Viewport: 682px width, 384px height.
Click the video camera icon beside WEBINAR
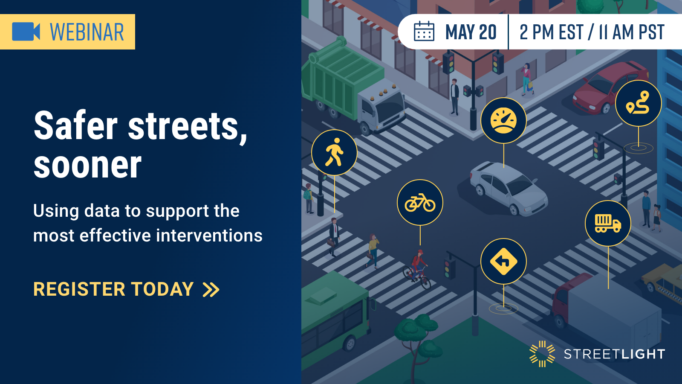[26, 32]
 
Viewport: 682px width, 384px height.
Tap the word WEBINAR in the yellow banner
[87, 32]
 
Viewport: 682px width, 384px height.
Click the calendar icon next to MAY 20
[424, 31]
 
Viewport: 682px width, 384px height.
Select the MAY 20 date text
[471, 32]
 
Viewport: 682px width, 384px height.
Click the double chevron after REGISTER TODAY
[211, 290]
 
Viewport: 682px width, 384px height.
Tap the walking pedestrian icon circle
[334, 152]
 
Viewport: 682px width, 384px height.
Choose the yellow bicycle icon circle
[420, 203]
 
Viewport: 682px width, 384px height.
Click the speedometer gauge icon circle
[503, 120]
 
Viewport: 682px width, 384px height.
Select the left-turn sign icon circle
[503, 262]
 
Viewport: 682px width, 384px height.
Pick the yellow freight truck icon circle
[608, 224]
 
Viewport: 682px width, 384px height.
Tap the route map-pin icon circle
[639, 103]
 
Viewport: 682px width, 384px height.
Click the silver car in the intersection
[509, 188]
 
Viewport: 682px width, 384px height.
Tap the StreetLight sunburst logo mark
[542, 354]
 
